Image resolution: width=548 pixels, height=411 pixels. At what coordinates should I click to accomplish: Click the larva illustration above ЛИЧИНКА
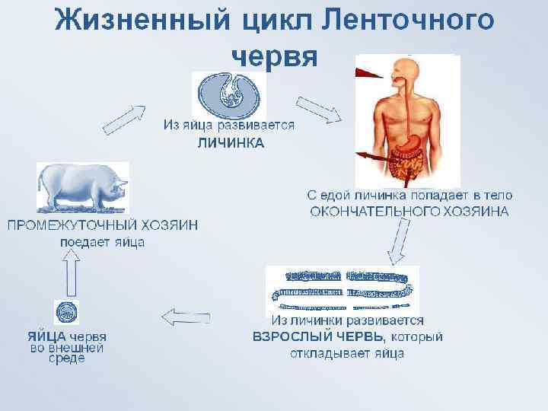click(x=228, y=94)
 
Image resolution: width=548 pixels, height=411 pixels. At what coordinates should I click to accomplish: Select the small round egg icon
click(x=66, y=312)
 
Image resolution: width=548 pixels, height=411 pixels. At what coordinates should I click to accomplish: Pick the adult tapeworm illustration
click(x=342, y=288)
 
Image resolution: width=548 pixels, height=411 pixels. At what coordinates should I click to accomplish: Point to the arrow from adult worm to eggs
click(x=187, y=316)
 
